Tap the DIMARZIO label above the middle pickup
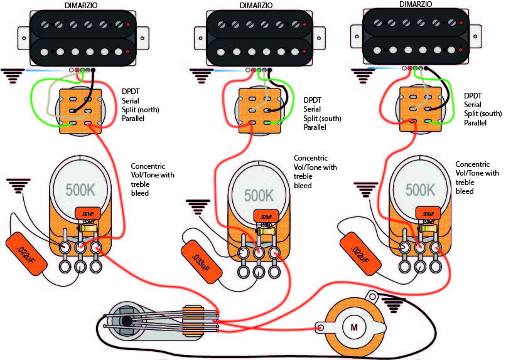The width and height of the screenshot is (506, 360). tap(239, 5)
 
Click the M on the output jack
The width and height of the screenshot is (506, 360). tap(353, 327)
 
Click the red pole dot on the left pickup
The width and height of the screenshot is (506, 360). tap(129, 25)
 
